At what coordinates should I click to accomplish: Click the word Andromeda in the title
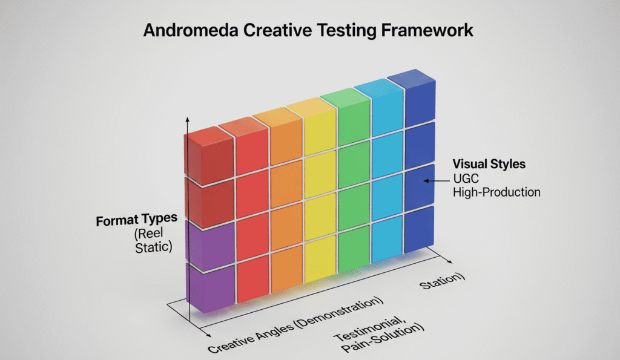191,30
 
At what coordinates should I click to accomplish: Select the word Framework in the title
427,30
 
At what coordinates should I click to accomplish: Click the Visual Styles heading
489,164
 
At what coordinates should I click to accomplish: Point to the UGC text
466,178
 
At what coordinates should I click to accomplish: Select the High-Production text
496,192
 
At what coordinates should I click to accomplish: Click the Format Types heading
136,220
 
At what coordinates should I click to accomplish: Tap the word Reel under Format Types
149,234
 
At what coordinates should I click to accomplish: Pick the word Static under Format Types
154,247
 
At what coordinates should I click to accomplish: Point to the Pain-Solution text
382,339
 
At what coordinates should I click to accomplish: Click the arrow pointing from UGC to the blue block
437,181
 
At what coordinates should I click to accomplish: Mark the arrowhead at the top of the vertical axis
188,120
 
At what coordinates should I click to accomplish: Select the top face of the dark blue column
411,76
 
